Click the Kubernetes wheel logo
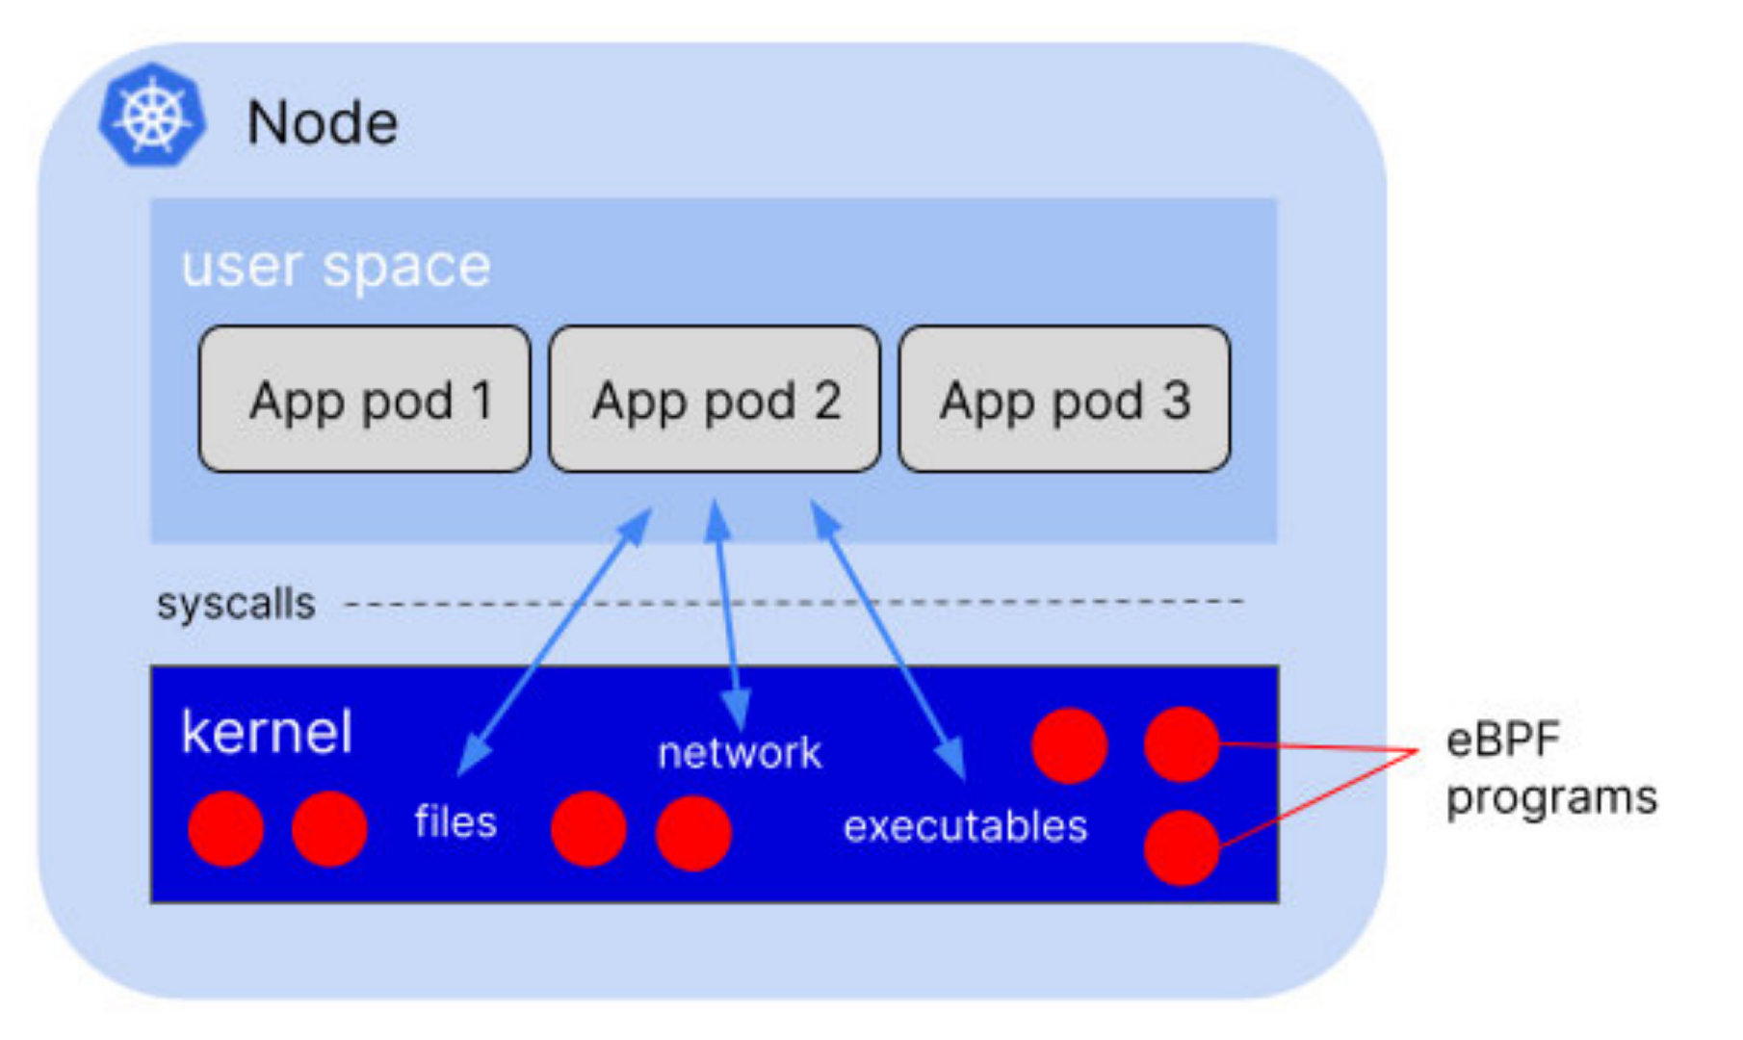(x=152, y=116)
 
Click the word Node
(x=322, y=123)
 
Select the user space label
(x=335, y=266)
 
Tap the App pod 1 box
(x=364, y=399)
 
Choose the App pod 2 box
(x=715, y=399)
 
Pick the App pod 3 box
(x=1064, y=399)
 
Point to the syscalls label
(x=236, y=605)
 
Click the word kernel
(x=267, y=732)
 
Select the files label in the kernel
(x=455, y=822)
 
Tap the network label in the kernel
(x=740, y=753)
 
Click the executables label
(x=965, y=826)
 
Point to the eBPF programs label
(x=1550, y=768)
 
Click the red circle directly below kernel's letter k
(x=225, y=828)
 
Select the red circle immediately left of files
(x=329, y=828)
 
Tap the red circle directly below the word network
(x=693, y=832)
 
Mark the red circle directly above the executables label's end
(x=1069, y=745)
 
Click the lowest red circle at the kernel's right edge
(x=1182, y=847)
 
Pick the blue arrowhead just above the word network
(x=738, y=709)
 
